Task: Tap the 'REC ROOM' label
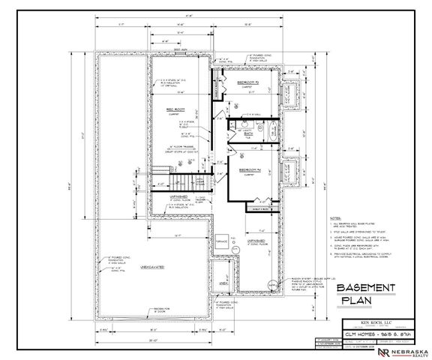(x=175, y=109)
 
